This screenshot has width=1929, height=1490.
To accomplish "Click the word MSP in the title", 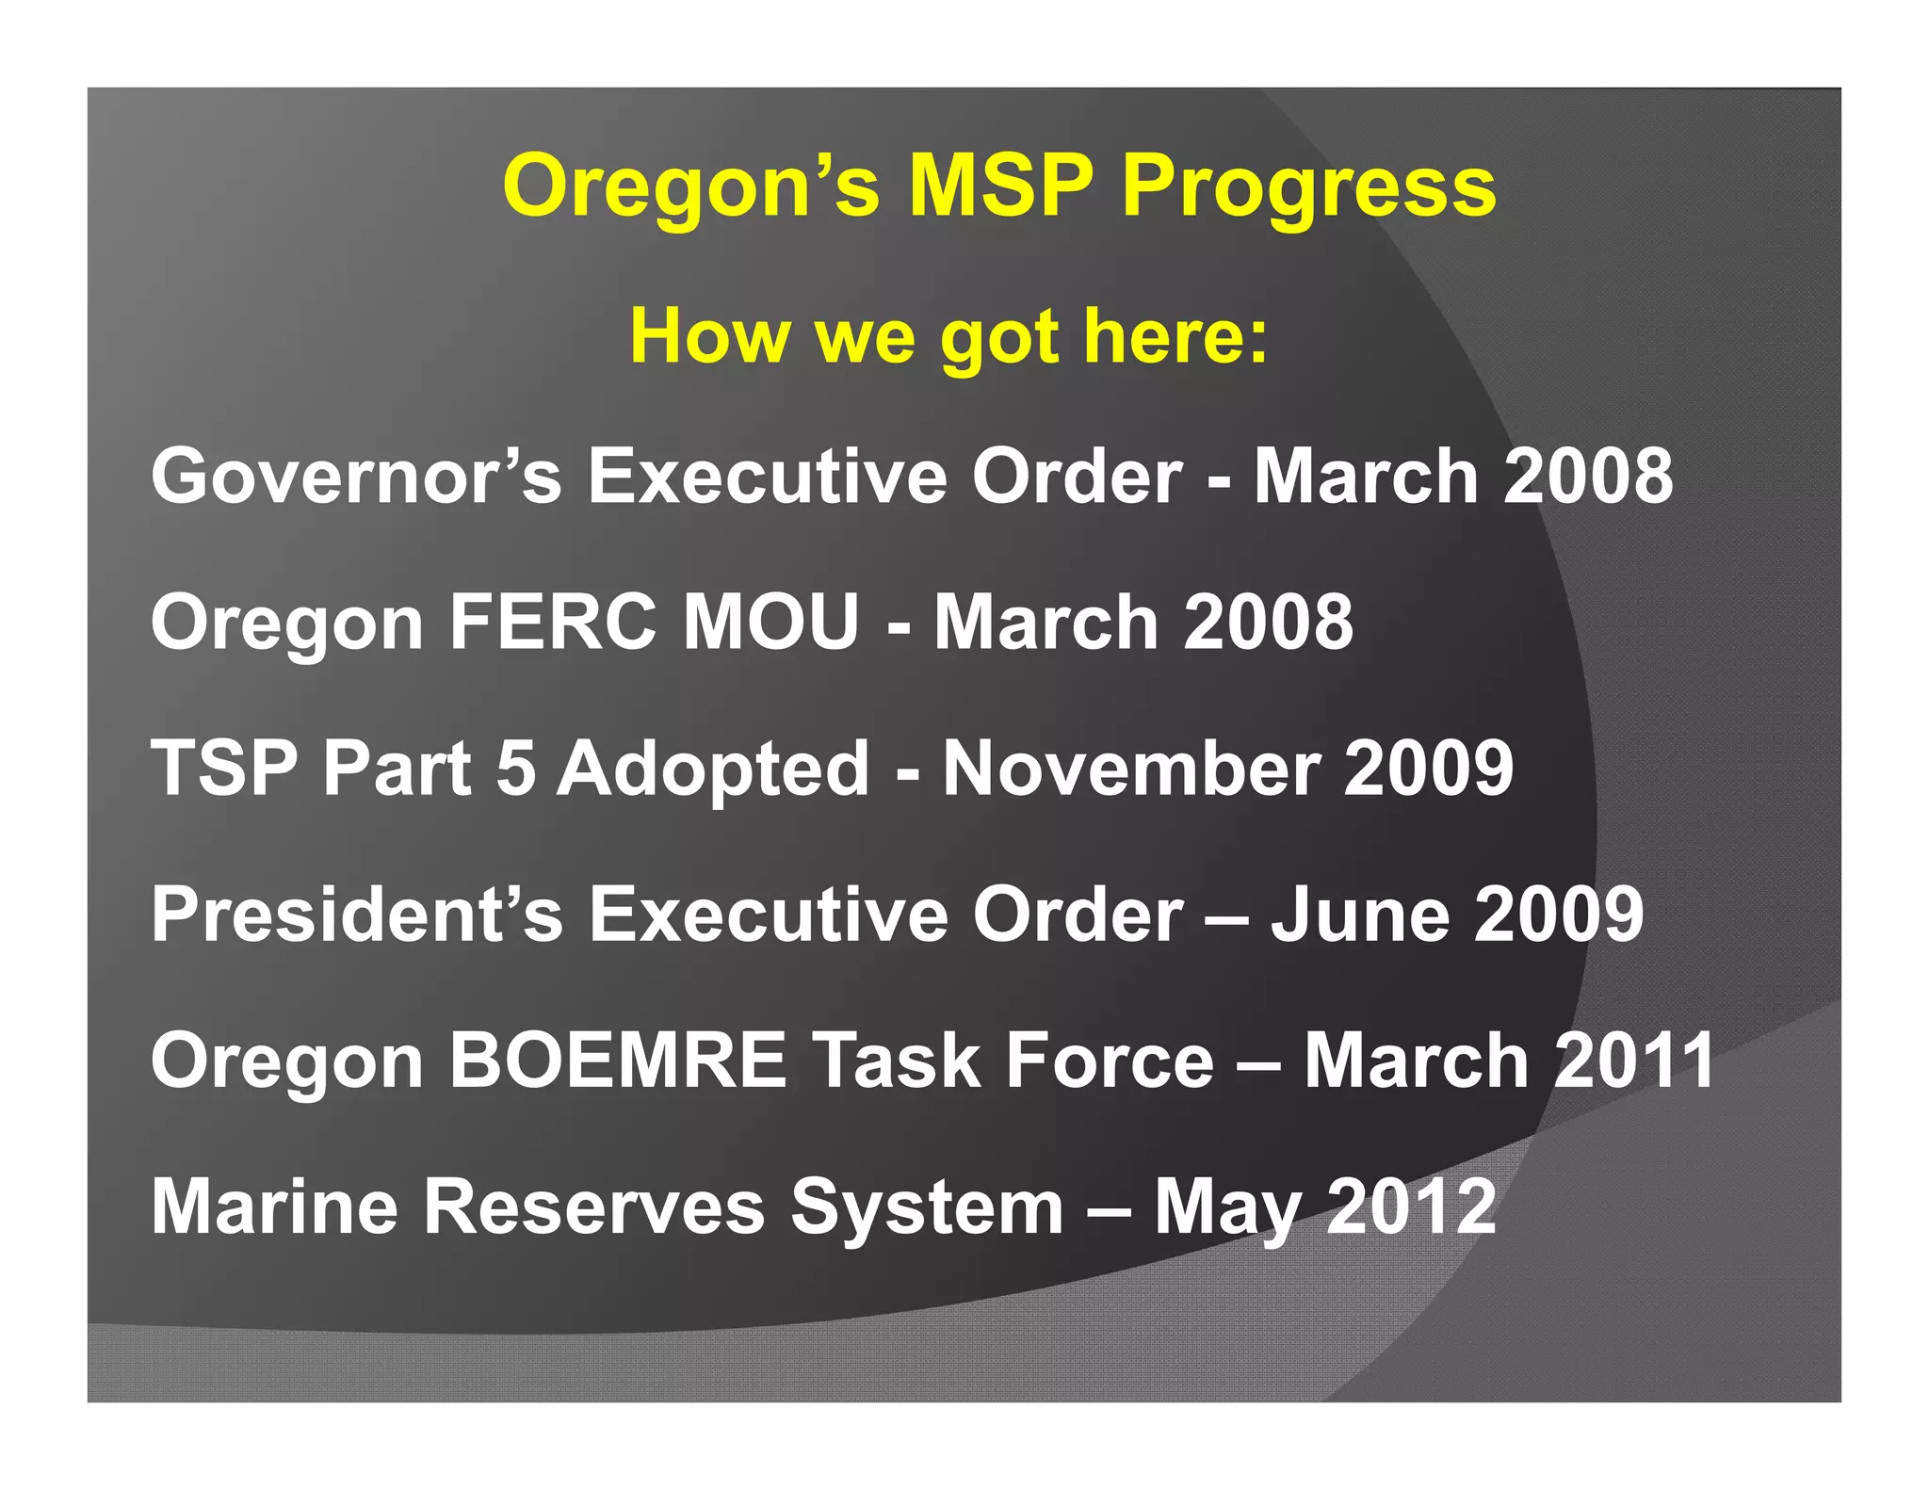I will (1000, 186).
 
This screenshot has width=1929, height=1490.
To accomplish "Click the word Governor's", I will (356, 476).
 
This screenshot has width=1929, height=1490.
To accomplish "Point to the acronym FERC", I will (553, 622).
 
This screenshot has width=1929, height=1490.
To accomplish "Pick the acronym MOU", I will (771, 622).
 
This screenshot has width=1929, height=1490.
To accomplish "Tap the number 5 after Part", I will (515, 768).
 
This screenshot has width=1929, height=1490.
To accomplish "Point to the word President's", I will (357, 914).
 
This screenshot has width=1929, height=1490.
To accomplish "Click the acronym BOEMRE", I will (617, 1061).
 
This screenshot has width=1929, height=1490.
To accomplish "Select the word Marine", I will (274, 1207).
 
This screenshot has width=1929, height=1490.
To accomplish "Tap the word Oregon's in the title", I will (691, 188).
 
